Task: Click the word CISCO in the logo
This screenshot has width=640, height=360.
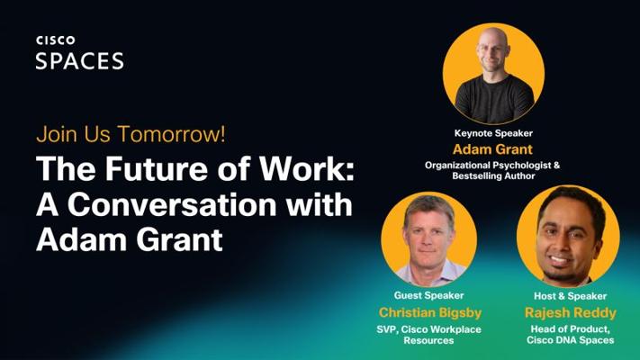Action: pyautogui.click(x=56, y=40)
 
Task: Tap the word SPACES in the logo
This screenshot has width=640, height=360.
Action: pyautogui.click(x=79, y=61)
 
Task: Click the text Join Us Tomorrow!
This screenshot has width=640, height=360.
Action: pyautogui.click(x=131, y=134)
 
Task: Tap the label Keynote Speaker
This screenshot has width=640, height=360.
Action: pyautogui.click(x=493, y=133)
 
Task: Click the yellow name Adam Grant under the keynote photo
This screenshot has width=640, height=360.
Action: pyautogui.click(x=492, y=149)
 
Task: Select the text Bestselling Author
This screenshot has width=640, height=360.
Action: pyautogui.click(x=493, y=175)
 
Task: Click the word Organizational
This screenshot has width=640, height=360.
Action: pyautogui.click(x=457, y=166)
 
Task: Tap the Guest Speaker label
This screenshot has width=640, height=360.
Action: pyautogui.click(x=428, y=295)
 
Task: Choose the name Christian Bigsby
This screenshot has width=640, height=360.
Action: pyautogui.click(x=430, y=312)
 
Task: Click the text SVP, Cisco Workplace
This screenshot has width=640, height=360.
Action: pyautogui.click(x=428, y=329)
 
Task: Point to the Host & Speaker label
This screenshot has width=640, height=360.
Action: pyautogui.click(x=570, y=296)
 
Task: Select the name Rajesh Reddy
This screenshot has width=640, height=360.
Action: pyautogui.click(x=570, y=312)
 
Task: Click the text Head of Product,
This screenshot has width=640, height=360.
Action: pyautogui.click(x=570, y=329)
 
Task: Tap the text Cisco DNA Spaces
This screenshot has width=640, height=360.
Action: pyautogui.click(x=570, y=340)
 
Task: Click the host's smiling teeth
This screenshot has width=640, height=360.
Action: pyautogui.click(x=559, y=259)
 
